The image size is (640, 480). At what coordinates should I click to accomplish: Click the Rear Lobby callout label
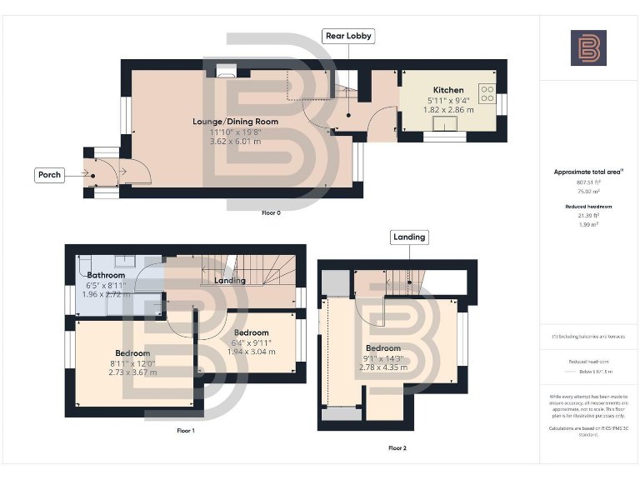[348, 36]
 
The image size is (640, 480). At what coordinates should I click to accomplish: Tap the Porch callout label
[50, 175]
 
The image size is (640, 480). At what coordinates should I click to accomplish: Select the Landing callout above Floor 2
[408, 237]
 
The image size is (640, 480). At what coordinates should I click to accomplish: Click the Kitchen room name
[447, 90]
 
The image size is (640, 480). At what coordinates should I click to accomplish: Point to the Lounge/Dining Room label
[235, 122]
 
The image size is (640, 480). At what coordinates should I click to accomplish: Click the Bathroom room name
[106, 275]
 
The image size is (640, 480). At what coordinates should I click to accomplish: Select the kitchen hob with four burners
[487, 92]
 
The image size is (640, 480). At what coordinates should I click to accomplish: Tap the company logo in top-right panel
[588, 47]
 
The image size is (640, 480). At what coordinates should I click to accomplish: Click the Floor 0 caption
[271, 213]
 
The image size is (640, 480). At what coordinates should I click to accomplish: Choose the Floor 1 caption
[186, 431]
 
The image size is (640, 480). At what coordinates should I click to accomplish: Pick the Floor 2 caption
[397, 448]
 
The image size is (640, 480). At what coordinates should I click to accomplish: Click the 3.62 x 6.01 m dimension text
[235, 142]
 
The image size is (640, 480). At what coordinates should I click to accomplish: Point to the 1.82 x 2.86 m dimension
[447, 109]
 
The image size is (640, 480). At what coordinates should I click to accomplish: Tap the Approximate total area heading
[588, 172]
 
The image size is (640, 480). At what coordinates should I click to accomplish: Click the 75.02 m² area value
[588, 190]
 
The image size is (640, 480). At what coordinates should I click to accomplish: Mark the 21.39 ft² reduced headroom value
[588, 215]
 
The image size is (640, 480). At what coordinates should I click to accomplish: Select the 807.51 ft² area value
[588, 182]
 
